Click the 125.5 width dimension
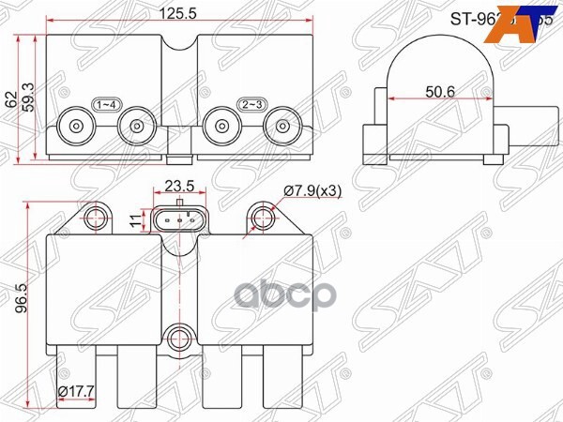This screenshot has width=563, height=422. pos(169,14)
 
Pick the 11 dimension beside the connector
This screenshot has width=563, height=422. pos(134,219)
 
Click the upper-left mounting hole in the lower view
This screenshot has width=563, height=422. pos(94,219)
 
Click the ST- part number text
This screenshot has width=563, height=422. pos(469,16)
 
